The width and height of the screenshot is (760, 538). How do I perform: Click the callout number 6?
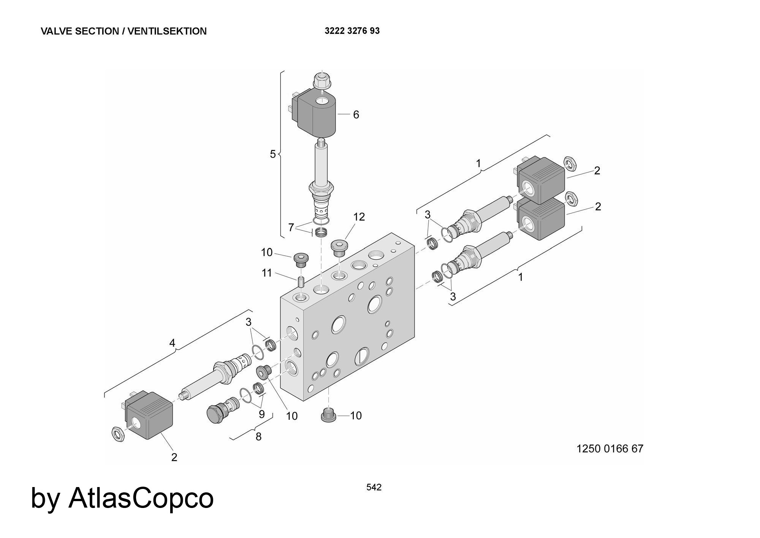coord(356,114)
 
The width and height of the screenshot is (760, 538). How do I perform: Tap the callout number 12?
coord(359,217)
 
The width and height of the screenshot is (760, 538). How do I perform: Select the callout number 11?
coord(267,273)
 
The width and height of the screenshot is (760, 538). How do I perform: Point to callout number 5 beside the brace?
coord(273,154)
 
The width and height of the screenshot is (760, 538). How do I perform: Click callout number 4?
coord(172,343)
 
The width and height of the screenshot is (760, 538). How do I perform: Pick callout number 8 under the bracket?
coord(258,437)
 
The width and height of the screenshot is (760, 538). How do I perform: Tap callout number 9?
coord(261,414)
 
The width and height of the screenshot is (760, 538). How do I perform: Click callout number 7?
coord(291,228)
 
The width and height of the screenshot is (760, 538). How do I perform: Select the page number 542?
coord(374,487)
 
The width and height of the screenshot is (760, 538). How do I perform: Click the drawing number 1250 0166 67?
coord(610,449)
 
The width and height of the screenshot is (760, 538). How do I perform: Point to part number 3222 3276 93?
coord(352,31)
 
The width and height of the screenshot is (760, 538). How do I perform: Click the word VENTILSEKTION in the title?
coord(167,31)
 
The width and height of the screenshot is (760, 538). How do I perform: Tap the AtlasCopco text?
coord(141,498)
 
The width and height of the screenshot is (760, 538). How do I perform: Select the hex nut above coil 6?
coord(322,80)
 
